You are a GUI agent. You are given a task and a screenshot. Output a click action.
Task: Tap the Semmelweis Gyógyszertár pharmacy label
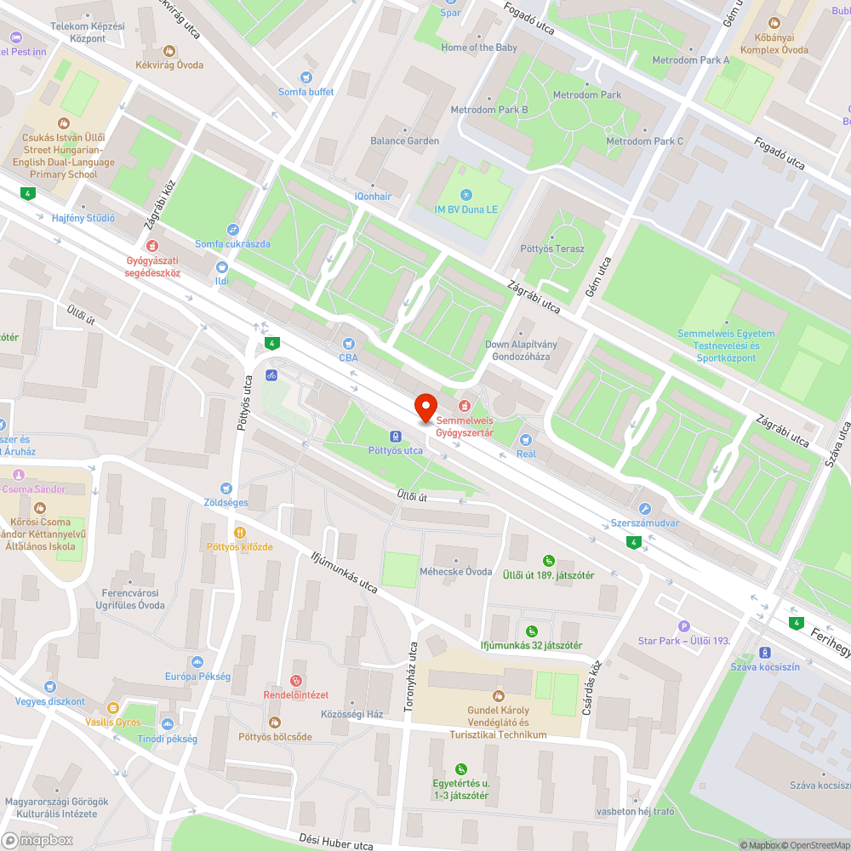coord(465,426)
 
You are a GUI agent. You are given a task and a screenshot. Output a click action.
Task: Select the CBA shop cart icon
coord(347,343)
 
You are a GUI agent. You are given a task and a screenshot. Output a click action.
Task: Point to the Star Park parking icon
coord(683,626)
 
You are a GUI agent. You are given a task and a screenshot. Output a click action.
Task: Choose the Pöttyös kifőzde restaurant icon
coord(239,532)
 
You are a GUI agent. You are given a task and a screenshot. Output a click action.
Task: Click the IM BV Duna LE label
coord(465,208)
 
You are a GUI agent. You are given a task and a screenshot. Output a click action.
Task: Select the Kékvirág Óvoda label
coord(174,64)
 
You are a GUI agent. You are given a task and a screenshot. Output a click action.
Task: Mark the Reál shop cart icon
coord(525,439)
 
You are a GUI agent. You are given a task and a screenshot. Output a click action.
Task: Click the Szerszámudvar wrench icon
coord(644,508)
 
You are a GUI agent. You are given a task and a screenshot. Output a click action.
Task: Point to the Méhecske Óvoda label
coord(456,572)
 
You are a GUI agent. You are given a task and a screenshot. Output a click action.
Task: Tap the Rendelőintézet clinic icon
coord(295,680)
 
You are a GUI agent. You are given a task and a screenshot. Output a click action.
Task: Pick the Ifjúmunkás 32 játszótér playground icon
coord(531,631)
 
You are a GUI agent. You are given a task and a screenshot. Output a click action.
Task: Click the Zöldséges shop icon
coord(226,488)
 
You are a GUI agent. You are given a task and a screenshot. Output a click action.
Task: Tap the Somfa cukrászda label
coord(232,244)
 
